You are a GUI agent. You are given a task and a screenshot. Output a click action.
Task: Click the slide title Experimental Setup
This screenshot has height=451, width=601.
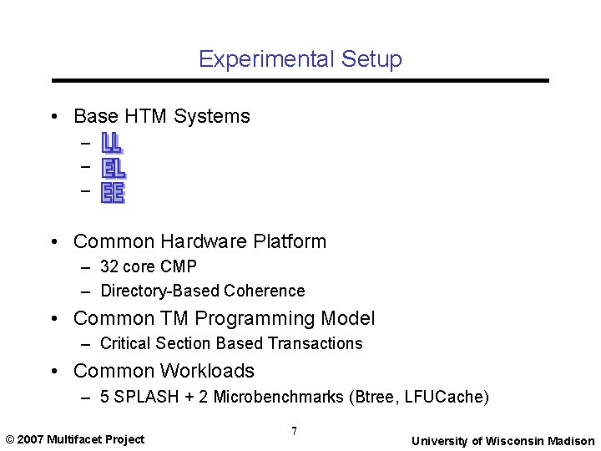click(x=300, y=59)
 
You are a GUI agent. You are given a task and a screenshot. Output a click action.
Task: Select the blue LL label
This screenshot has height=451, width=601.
click(x=112, y=144)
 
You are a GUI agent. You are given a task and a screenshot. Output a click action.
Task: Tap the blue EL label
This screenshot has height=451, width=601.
click(x=113, y=168)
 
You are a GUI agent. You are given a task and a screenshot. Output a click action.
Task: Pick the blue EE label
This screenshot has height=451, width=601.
click(x=113, y=194)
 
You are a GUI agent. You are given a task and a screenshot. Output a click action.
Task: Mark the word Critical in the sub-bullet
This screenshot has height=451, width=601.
click(x=124, y=343)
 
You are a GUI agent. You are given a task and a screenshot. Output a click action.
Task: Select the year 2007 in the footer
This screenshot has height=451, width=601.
click(x=31, y=439)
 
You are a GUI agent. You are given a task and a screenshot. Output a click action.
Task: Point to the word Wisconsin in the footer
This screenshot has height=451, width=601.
click(x=515, y=441)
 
